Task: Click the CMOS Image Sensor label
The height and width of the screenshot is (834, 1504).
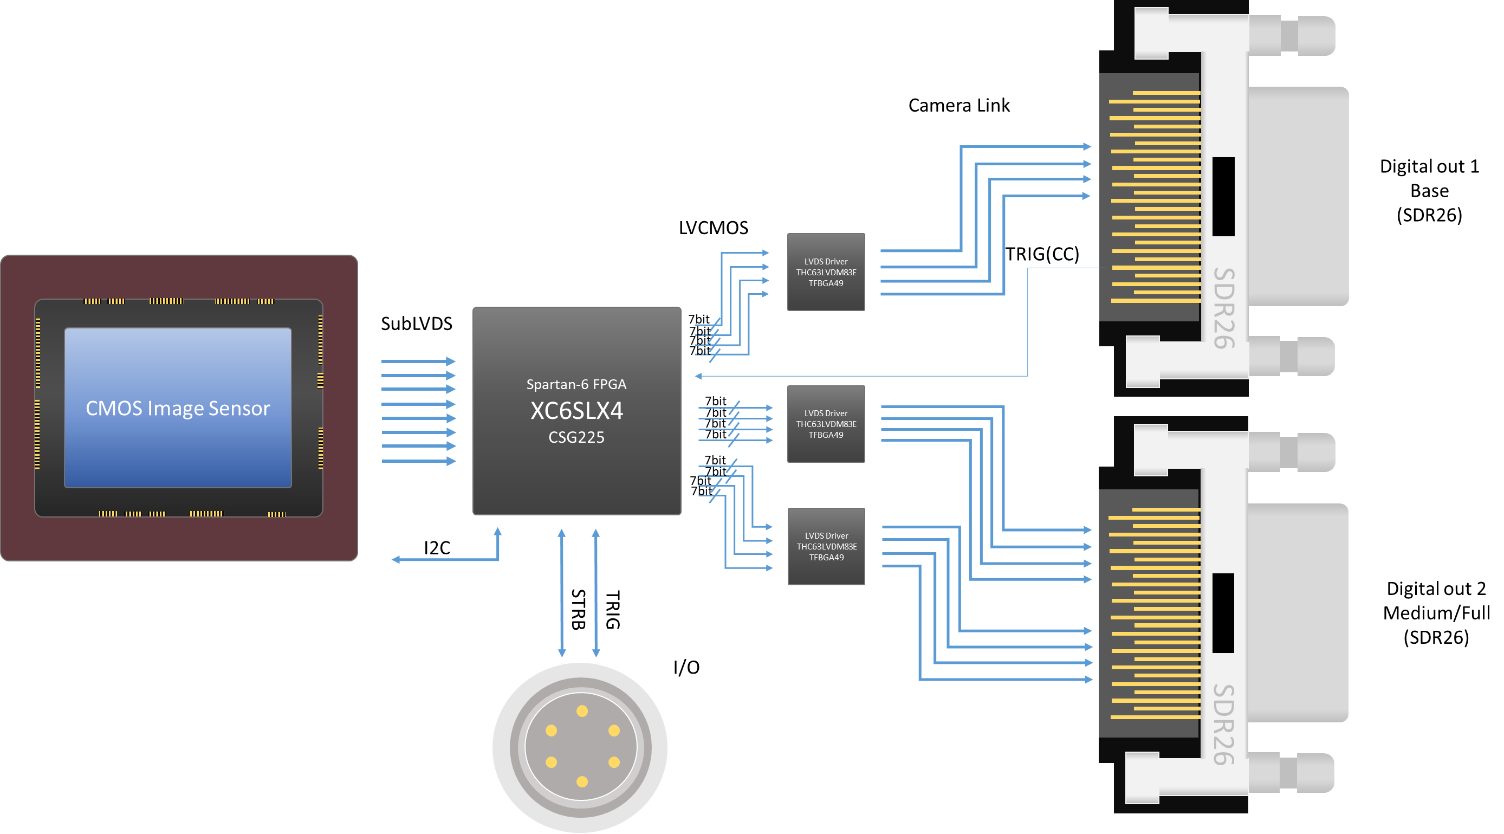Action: (178, 408)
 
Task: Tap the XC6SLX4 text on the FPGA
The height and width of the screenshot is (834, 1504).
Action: (576, 411)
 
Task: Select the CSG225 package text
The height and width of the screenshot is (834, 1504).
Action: (576, 437)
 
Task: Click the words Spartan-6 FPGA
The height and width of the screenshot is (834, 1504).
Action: (576, 384)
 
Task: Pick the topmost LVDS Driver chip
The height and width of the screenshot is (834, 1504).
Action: (826, 272)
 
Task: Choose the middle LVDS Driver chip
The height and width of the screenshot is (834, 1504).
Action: (826, 424)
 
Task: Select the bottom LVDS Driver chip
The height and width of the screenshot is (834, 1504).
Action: (826, 547)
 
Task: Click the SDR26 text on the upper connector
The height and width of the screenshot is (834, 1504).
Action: (1223, 308)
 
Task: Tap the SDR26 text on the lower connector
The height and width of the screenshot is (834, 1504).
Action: (1223, 724)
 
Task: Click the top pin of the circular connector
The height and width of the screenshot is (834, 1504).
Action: (582, 711)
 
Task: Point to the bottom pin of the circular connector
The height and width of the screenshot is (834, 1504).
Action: (582, 781)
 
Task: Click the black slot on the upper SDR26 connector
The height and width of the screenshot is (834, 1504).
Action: (1223, 196)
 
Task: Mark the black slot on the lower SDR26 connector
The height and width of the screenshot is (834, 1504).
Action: (1223, 613)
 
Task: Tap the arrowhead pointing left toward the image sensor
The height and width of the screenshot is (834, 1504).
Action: (396, 559)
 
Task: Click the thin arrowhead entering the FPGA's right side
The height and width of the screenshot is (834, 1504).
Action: (698, 376)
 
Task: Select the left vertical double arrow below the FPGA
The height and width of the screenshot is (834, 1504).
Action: (562, 593)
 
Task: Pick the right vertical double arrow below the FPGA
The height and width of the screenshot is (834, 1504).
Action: (595, 593)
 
